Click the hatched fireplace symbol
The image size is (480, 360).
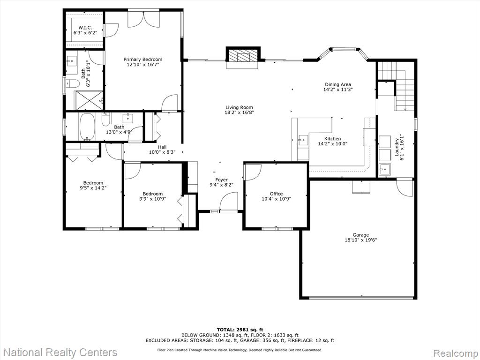coord(243,56)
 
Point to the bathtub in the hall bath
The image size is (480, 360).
coord(87,127)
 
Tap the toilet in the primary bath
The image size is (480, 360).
coord(72,83)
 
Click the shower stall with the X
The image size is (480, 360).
coord(90,100)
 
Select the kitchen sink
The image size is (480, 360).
coord(303,140)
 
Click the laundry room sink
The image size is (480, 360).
coord(384,169)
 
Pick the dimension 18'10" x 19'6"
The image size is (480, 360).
coord(360,240)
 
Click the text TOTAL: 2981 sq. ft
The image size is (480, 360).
coord(240,330)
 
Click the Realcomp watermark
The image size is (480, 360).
coord(455,353)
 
